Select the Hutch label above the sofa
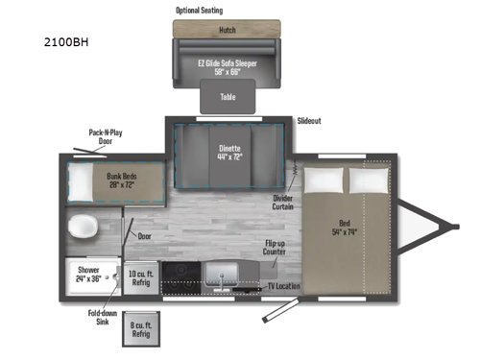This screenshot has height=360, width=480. coord(228,31)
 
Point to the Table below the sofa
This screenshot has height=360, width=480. coord(228,97)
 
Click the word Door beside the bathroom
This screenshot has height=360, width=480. coord(144,235)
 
